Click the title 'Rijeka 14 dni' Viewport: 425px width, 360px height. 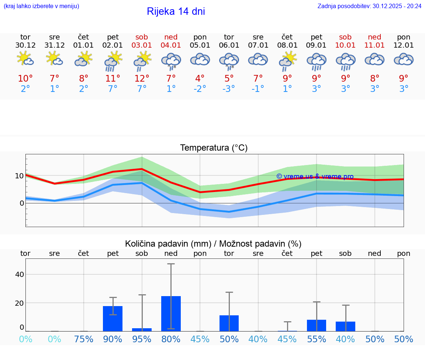(176, 11)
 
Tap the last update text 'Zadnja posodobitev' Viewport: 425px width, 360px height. (369, 6)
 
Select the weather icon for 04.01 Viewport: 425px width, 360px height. (171, 61)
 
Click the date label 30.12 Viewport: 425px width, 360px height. (25, 45)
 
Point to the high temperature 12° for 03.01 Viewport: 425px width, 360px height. (142, 79)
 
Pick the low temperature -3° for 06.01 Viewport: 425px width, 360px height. (229, 89)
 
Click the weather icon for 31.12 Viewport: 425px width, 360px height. (55, 59)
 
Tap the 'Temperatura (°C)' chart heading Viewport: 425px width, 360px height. (214, 148)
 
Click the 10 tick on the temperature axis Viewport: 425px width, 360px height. (19, 176)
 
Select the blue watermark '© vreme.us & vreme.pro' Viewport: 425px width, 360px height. (315, 177)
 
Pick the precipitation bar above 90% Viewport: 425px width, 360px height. (113, 318)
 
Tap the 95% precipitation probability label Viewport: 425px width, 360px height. (142, 339)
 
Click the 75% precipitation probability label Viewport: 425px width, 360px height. (84, 339)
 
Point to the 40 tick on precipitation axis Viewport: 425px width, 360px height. (20, 274)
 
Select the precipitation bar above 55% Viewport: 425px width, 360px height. (317, 325)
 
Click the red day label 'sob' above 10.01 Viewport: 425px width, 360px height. (345, 37)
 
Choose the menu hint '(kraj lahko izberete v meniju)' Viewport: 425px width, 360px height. (41, 6)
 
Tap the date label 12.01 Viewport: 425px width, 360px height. (404, 45)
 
